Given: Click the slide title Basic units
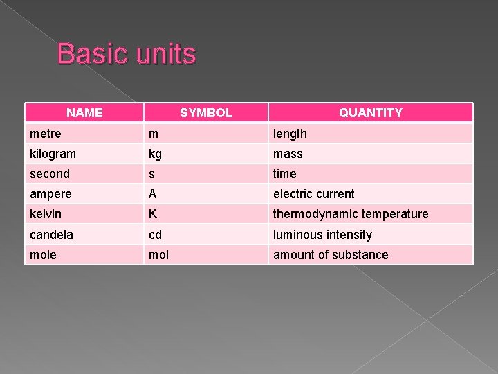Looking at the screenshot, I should pyautogui.click(x=127, y=54).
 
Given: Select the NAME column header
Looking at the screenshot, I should pyautogui.click(x=84, y=112).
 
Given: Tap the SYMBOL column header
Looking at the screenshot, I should pyautogui.click(x=206, y=112).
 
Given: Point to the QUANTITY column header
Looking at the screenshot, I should pyautogui.click(x=371, y=112).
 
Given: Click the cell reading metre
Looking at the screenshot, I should pyautogui.click(x=46, y=133).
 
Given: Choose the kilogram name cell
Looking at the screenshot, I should pyautogui.click(x=53, y=154).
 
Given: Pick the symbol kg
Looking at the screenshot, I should pyautogui.click(x=156, y=154).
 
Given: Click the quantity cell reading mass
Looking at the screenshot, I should pyautogui.click(x=288, y=154).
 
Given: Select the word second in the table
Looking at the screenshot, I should pyautogui.click(x=50, y=174).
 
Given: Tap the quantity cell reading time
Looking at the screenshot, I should pyautogui.click(x=284, y=174).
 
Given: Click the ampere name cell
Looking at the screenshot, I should pyautogui.click(x=50, y=194).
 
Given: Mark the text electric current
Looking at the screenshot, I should pyautogui.click(x=313, y=194).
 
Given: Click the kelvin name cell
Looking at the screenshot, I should pyautogui.click(x=46, y=214).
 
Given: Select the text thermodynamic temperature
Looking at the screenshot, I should pyautogui.click(x=351, y=214).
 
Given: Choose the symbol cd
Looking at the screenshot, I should pyautogui.click(x=156, y=235).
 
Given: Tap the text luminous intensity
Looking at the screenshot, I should pyautogui.click(x=322, y=235).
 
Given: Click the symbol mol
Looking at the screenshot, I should pyautogui.click(x=159, y=255).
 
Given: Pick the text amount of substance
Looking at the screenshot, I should pyautogui.click(x=331, y=255).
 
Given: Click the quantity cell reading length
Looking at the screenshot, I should pyautogui.click(x=290, y=133).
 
